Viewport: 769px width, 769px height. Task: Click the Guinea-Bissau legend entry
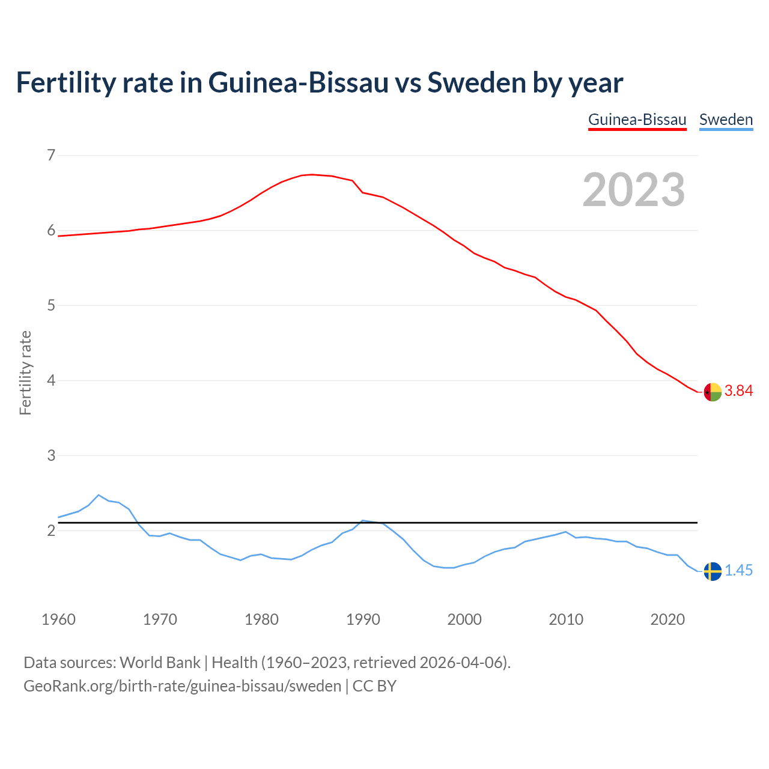(637, 120)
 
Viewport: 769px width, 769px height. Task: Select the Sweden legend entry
(726, 120)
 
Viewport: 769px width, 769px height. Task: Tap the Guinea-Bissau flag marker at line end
(713, 392)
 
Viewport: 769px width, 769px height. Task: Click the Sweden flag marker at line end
(713, 571)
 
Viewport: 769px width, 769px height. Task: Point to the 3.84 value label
(738, 391)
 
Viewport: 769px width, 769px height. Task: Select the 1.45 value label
(738, 571)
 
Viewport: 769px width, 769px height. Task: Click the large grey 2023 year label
(634, 190)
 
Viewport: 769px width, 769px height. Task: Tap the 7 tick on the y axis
(51, 156)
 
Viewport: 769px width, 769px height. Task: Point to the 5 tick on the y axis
(51, 305)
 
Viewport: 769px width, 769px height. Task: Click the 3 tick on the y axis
(51, 455)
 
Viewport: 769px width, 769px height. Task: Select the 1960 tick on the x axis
(58, 619)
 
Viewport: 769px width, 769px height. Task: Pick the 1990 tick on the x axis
(363, 619)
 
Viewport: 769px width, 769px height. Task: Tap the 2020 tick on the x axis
(667, 619)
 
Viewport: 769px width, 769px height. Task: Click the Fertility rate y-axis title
(25, 372)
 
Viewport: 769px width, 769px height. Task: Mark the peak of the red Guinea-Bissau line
(312, 174)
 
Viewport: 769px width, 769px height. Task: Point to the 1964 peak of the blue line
(99, 495)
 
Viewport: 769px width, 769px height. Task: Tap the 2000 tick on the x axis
(464, 619)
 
